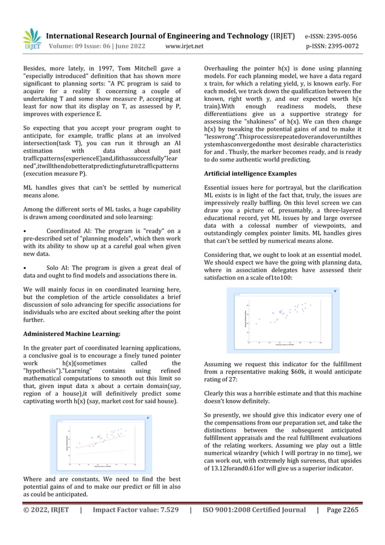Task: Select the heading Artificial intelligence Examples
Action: [250, 173]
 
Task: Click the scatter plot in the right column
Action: [282, 320]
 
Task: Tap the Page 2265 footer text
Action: [342, 510]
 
